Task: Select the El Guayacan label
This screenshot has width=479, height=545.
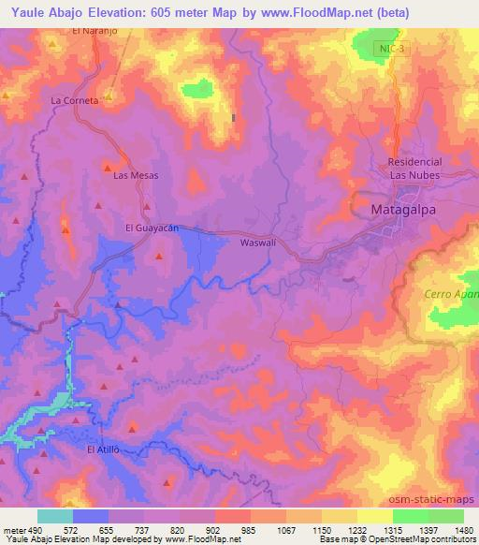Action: point(152,228)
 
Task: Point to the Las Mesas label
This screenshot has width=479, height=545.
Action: point(136,175)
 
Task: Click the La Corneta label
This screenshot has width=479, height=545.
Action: point(75,100)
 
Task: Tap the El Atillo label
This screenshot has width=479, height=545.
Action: point(104,450)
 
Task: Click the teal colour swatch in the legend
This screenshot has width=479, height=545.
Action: point(55,516)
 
